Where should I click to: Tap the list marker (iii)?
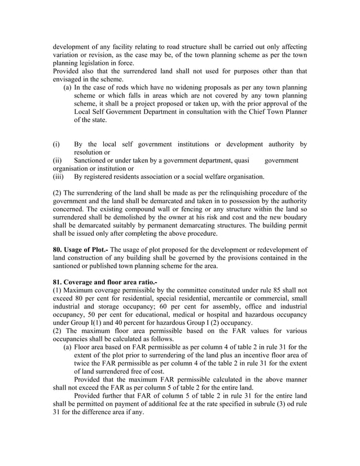tap(58, 177)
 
